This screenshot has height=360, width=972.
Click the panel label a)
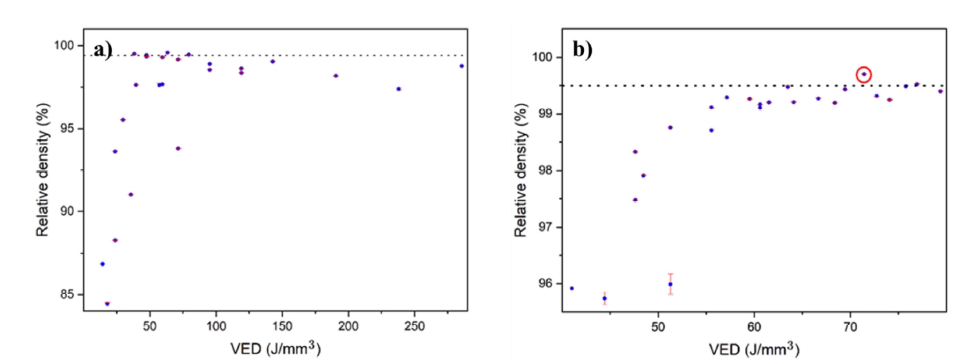click(x=104, y=50)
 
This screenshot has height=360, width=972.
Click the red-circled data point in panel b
click(x=864, y=75)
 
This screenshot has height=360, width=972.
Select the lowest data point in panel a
click(x=107, y=303)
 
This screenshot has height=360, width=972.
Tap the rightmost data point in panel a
click(x=461, y=66)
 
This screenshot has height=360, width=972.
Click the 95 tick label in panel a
click(x=67, y=128)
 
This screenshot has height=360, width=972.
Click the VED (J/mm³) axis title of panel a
click(x=275, y=348)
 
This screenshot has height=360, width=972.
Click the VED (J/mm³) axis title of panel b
click(x=754, y=348)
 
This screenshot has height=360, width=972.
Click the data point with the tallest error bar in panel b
click(x=670, y=284)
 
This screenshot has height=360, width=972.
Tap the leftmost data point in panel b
click(x=572, y=288)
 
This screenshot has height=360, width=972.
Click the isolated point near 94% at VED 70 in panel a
click(x=178, y=148)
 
